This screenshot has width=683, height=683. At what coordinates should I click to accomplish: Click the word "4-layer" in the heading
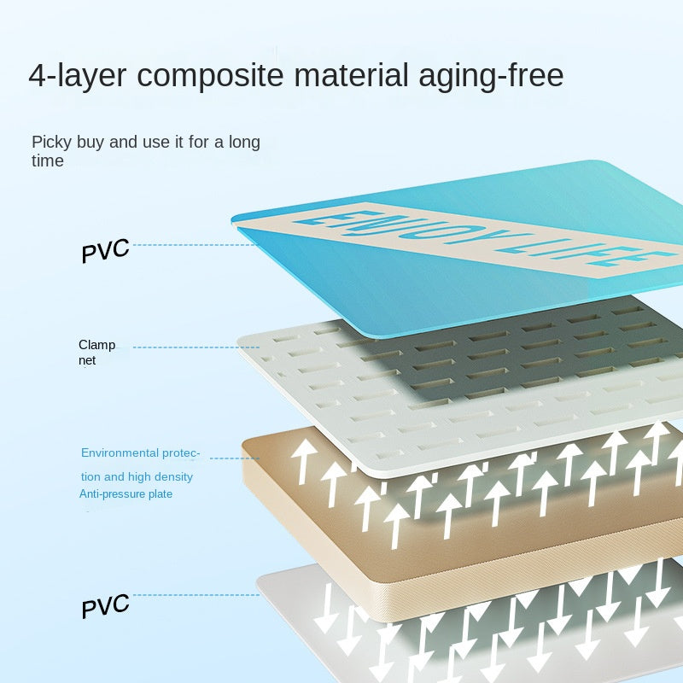[x=76, y=75]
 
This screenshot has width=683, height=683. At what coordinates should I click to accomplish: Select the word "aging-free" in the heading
[x=492, y=76]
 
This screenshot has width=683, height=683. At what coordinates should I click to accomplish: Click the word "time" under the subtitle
[x=48, y=161]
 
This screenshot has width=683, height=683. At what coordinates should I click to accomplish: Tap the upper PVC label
[x=105, y=250]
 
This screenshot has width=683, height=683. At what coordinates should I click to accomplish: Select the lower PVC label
[x=105, y=605]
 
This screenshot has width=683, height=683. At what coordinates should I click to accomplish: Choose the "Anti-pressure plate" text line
[x=126, y=494]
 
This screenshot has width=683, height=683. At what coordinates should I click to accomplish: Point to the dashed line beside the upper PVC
[x=184, y=245]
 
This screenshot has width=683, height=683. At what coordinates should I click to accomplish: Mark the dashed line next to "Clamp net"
[x=184, y=347]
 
